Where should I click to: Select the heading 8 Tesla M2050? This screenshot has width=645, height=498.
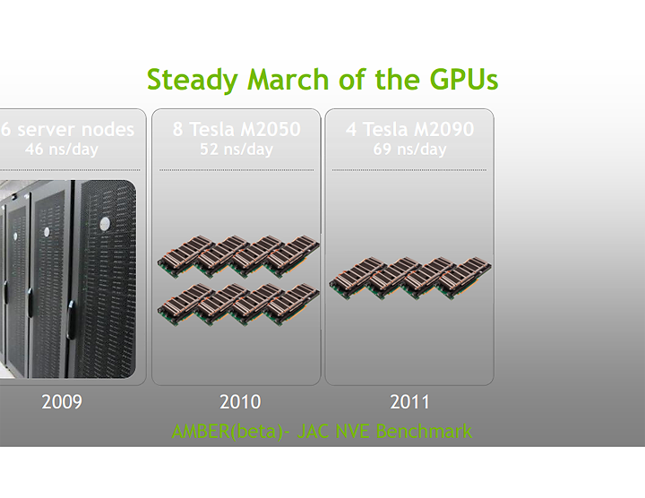click(236, 130)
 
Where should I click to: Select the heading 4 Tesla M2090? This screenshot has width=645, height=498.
click(409, 130)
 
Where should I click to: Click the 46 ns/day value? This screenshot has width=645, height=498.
click(62, 150)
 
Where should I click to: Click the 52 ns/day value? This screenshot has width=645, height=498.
click(236, 150)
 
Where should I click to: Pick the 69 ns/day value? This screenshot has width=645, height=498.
click(409, 150)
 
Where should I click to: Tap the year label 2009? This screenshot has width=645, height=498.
click(62, 402)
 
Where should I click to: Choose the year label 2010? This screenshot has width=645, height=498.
click(240, 402)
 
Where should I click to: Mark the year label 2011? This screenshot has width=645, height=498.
click(410, 402)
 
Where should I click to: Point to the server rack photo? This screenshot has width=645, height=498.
click(67, 278)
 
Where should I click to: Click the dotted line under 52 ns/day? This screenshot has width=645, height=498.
click(236, 169)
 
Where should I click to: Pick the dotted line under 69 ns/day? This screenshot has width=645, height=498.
click(409, 169)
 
